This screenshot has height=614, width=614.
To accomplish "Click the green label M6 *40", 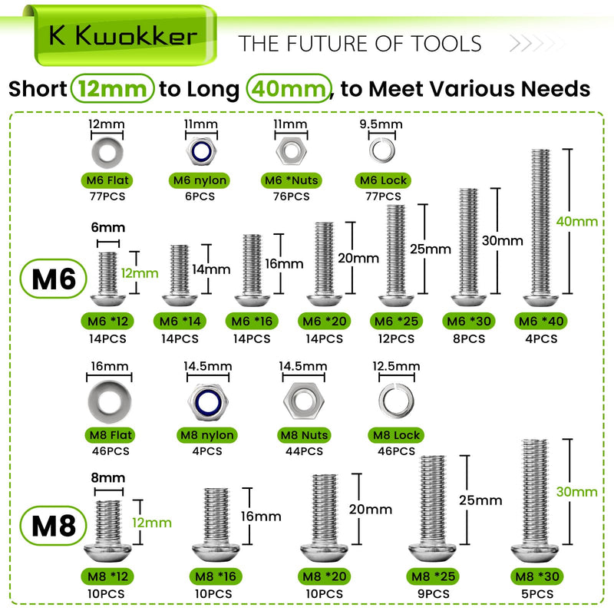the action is pos(541,321).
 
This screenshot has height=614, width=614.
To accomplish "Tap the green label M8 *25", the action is pos(433,576).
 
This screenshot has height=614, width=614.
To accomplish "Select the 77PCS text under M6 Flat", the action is pos(107,196).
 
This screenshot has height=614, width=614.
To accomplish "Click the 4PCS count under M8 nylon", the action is pos(207,451).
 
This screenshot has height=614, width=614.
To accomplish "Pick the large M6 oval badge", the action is pos(53,279).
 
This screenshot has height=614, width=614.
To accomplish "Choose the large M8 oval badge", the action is pos(53,526).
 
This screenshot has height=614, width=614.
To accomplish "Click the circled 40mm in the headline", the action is pos(289,88).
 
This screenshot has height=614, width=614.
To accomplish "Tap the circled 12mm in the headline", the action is pos(112,88).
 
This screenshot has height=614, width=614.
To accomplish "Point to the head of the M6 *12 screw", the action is pos(108,300).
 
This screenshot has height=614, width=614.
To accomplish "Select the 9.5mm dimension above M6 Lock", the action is pos(381,124).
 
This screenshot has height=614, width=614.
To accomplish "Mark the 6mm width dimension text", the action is pos(108,227).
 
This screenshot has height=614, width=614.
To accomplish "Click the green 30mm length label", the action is pos(577,492).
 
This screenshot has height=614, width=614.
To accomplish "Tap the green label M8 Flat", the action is pos(111,435).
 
